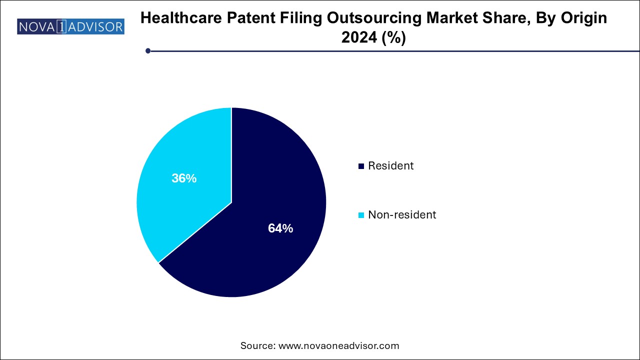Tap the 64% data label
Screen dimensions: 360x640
(280, 228)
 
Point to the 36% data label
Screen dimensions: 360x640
(184, 178)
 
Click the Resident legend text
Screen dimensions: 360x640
(391, 166)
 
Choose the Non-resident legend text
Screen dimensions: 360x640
(402, 215)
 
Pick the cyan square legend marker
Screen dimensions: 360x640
(361, 215)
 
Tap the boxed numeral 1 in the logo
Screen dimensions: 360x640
(60, 26)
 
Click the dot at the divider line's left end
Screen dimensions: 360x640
(148, 50)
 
